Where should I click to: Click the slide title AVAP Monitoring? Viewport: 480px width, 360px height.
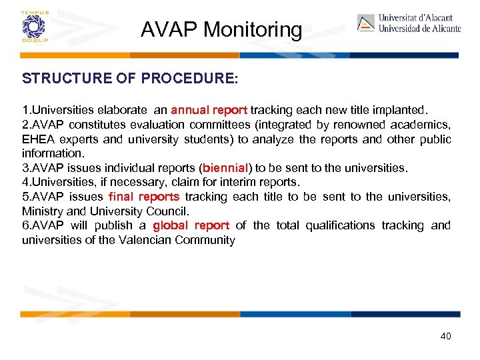pyautogui.click(x=221, y=29)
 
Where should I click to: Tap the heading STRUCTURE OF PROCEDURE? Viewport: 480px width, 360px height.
pyautogui.click(x=129, y=79)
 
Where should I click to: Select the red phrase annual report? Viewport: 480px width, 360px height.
pyautogui.click(x=209, y=110)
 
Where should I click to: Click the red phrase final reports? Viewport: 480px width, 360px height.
pyautogui.click(x=144, y=197)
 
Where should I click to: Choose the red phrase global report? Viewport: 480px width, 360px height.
pyautogui.click(x=191, y=225)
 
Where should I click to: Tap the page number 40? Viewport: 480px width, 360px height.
pyautogui.click(x=445, y=336)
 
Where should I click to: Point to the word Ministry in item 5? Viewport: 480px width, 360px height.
pyautogui.click(x=41, y=211)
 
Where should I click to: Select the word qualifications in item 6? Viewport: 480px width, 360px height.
pyautogui.click(x=340, y=225)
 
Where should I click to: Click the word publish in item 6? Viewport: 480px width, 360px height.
pyautogui.click(x=115, y=225)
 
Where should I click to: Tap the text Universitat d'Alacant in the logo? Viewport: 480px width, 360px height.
pyautogui.click(x=415, y=18)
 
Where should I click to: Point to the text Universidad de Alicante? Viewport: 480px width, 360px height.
pyautogui.click(x=419, y=29)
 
